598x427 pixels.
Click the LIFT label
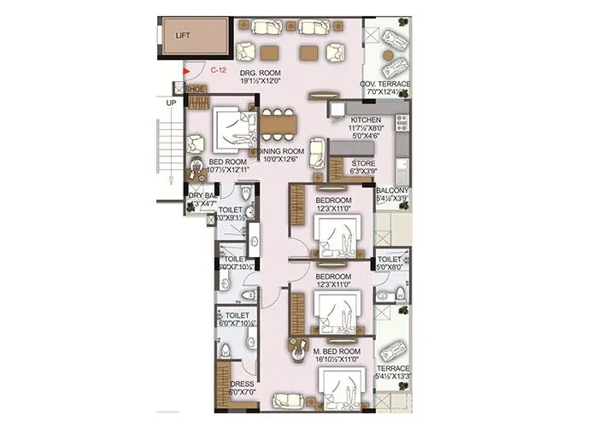point(182,36)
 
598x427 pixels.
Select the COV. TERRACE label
point(387,84)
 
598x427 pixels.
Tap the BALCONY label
point(392,190)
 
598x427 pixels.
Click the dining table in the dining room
point(277,126)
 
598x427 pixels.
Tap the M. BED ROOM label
point(337,350)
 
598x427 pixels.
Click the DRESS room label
point(243,384)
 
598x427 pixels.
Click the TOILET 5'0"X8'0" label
point(390,259)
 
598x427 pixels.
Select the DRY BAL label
point(202,196)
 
